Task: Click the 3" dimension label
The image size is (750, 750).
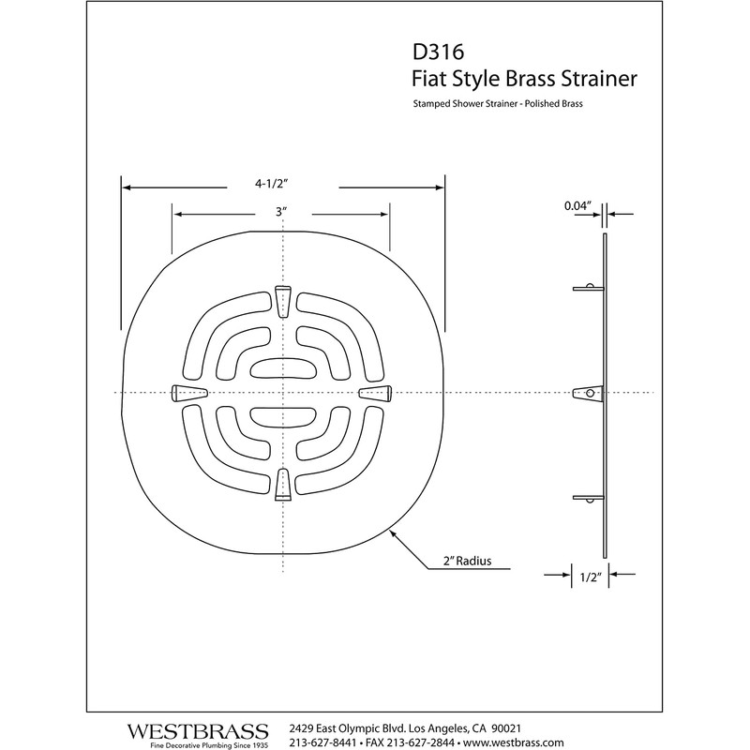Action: click(x=280, y=213)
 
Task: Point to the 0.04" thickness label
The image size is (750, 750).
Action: click(x=577, y=203)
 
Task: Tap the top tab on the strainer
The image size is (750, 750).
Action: click(x=281, y=294)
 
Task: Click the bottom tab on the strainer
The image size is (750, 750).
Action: click(x=281, y=486)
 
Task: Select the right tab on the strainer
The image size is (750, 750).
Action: click(x=374, y=392)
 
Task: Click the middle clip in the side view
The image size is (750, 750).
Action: click(x=587, y=393)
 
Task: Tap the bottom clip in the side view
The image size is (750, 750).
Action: click(x=588, y=498)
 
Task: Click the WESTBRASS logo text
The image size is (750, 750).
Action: click(x=197, y=728)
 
